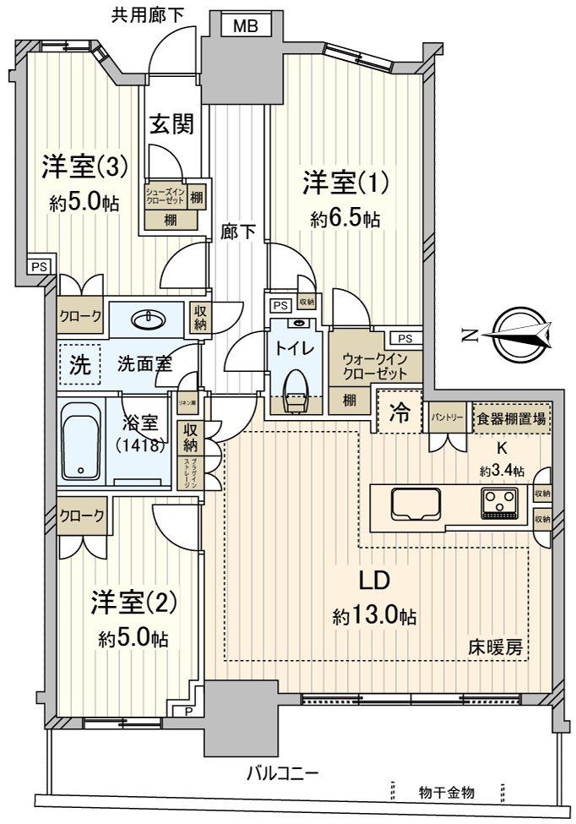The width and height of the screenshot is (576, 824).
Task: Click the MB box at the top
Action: [246, 27]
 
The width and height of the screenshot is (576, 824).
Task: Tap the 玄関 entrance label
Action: [172, 125]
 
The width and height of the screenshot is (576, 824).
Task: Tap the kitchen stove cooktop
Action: [500, 503]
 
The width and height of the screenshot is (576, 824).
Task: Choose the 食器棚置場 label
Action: [509, 417]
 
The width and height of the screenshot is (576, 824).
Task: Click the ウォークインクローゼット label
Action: [374, 366]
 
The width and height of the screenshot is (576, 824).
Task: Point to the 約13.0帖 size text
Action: [374, 616]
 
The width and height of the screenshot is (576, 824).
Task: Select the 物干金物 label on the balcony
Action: [446, 792]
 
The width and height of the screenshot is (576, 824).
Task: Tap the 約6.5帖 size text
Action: [345, 220]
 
